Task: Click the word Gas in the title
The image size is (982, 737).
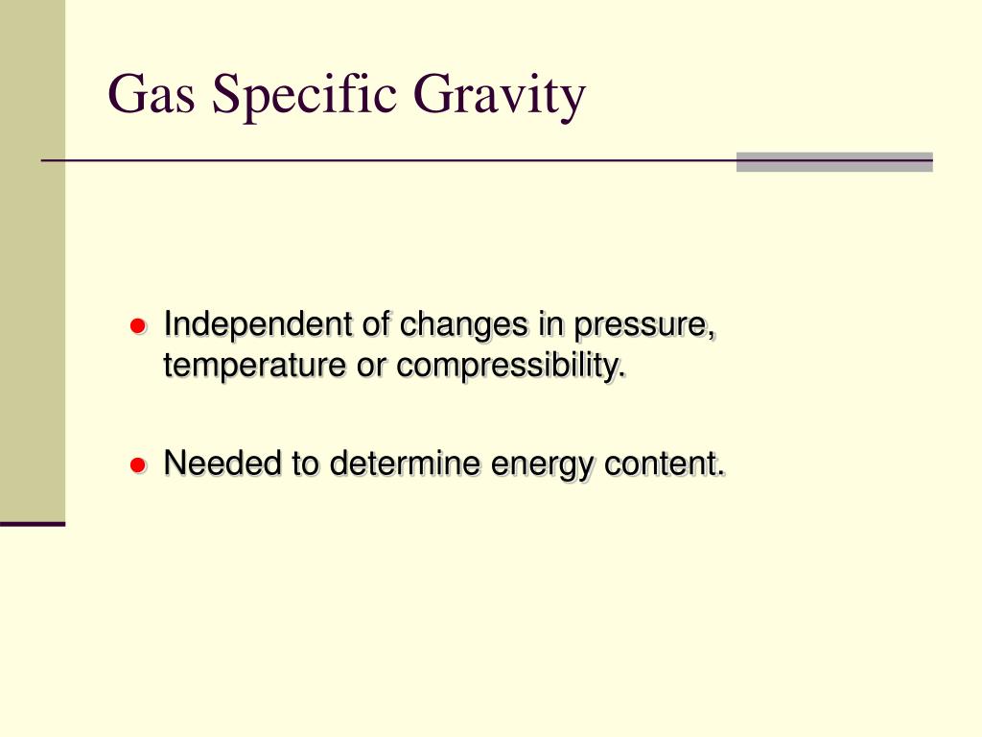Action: (x=152, y=95)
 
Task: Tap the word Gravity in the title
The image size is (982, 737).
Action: (x=500, y=97)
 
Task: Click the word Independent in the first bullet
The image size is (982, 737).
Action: (x=260, y=325)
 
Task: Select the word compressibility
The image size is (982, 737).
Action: (x=510, y=366)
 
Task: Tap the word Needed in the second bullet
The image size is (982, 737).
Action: (x=224, y=464)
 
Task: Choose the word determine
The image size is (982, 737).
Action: (x=407, y=464)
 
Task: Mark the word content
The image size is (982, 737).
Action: (x=665, y=464)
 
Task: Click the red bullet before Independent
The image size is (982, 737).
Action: (x=137, y=326)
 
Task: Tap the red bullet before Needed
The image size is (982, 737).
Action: (x=137, y=465)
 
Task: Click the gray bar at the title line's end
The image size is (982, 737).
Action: (x=834, y=162)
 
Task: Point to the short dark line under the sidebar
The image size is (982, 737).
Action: (x=33, y=524)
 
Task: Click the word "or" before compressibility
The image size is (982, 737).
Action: (x=372, y=367)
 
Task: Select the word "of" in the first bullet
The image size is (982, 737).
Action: (x=378, y=325)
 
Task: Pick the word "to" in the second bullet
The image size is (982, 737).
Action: (x=306, y=464)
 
